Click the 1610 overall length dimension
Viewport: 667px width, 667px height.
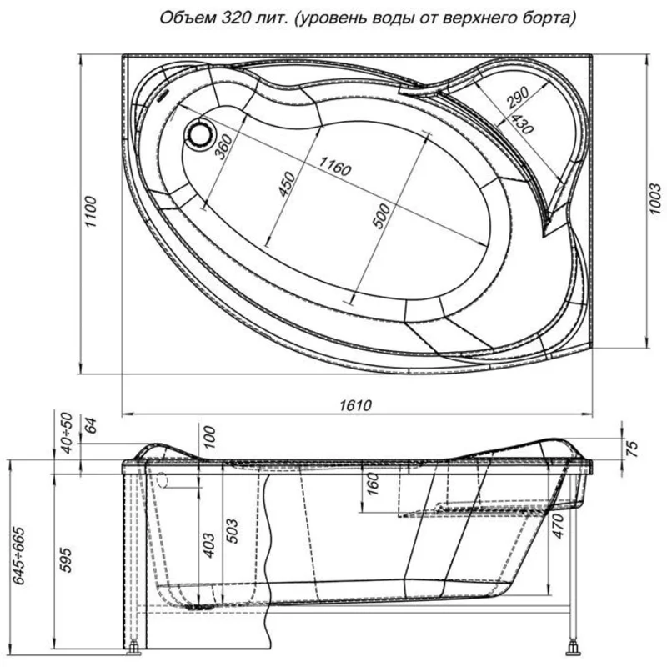[x=355, y=404]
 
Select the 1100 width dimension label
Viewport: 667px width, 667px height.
[x=91, y=212]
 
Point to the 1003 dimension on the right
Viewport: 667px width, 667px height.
[x=655, y=198]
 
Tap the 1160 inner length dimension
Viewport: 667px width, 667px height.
[x=335, y=166]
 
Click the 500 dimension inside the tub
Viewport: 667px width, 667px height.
[x=381, y=216]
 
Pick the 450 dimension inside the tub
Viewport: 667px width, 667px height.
[x=286, y=183]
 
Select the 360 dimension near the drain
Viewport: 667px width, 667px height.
[x=224, y=146]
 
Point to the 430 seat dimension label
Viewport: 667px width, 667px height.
[x=522, y=124]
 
